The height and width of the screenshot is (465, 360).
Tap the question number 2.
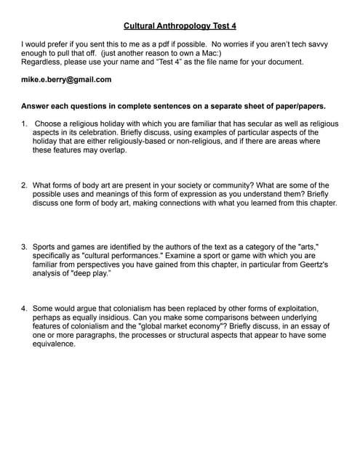[24, 185]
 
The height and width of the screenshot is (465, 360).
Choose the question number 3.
[24, 247]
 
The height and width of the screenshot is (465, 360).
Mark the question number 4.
[24, 309]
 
